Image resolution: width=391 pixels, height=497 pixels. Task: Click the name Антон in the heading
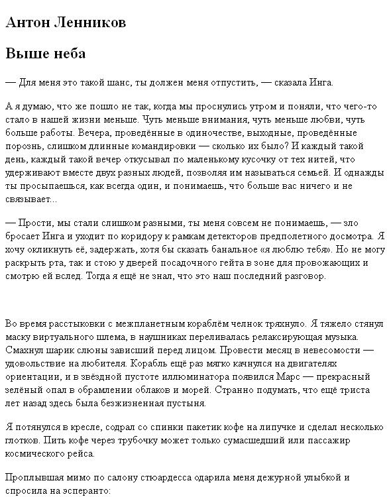pyautogui.click(x=26, y=23)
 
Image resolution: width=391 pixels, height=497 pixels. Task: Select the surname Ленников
pyautogui.click(x=89, y=23)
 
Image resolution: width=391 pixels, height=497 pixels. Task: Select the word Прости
pyautogui.click(x=38, y=223)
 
